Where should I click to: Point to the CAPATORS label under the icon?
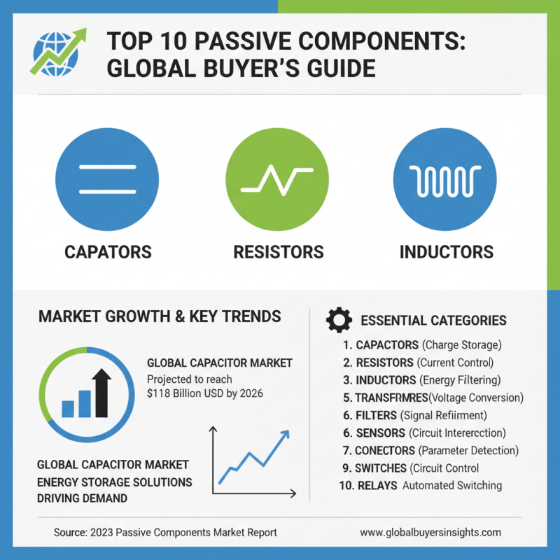(108, 252)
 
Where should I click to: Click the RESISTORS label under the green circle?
(278, 252)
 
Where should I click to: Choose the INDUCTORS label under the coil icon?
(446, 252)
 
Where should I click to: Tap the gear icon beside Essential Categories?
(339, 320)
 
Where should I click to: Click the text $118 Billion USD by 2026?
(204, 394)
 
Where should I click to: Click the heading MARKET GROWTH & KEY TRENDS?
(160, 316)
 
